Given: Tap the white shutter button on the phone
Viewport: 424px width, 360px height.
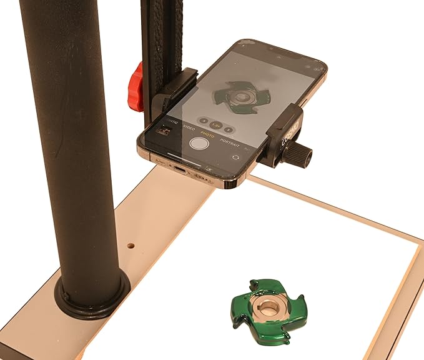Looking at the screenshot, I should (x=199, y=143).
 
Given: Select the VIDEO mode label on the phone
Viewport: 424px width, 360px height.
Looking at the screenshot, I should (x=189, y=127).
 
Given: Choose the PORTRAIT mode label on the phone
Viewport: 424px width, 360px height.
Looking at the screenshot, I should (x=230, y=142).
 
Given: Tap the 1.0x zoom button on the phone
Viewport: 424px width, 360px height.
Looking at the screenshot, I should (x=215, y=125).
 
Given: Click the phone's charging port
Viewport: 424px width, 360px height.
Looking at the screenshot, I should (x=179, y=168).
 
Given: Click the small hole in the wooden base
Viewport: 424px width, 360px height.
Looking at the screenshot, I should (x=131, y=246).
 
